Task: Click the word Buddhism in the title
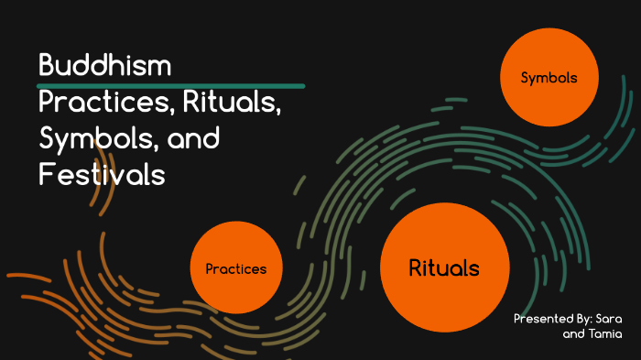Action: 106,67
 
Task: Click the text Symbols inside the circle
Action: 549,79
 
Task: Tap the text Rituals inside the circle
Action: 443,268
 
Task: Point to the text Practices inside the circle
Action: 235,269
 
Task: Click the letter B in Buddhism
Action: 46,67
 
